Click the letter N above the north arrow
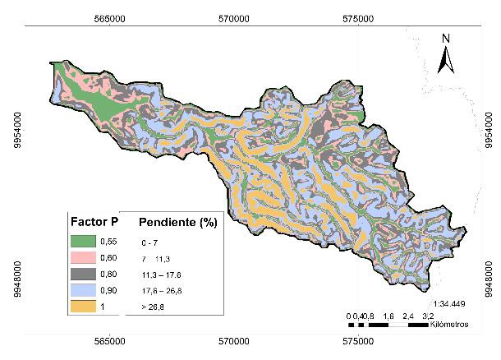pos(445,38)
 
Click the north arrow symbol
pos(445,58)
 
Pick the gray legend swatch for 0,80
pos(81,274)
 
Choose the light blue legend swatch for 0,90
pos(81,289)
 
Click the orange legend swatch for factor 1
pos(81,306)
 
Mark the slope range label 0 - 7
pos(151,242)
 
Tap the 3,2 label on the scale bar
pos(428,315)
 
